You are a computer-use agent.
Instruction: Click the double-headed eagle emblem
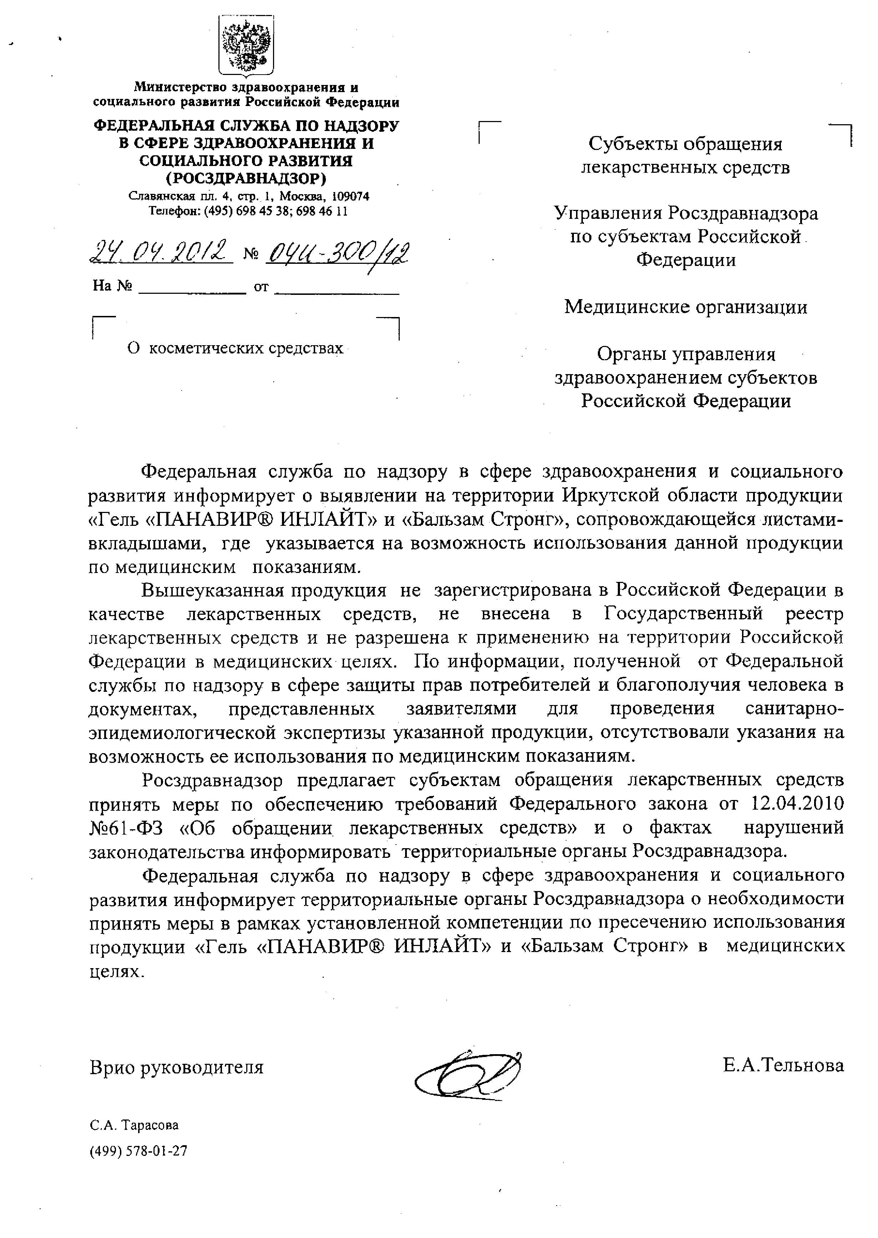246,46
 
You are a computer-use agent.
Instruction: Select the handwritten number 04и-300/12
337,252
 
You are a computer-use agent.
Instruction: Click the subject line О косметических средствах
235,349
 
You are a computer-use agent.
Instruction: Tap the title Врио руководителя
176,1067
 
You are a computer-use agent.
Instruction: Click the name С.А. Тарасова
134,1125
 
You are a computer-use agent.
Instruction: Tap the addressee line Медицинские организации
686,307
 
